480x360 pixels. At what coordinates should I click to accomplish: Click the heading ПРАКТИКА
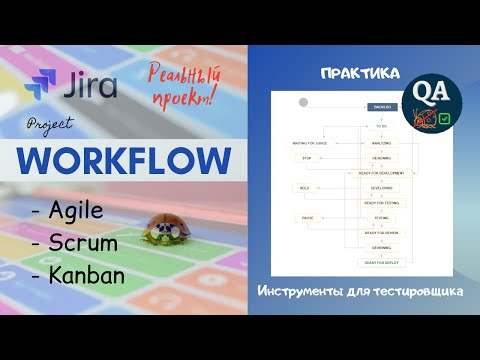pos(362,75)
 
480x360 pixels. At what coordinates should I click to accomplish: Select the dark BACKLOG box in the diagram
pos(381,105)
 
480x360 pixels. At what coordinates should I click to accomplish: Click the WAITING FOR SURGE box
pos(310,143)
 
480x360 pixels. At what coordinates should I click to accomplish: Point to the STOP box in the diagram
pos(308,157)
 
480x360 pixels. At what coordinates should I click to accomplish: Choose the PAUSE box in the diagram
pos(306,217)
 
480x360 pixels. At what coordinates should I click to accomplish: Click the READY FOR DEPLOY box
pos(381,262)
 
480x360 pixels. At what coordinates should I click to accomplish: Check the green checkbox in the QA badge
pos(444,118)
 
